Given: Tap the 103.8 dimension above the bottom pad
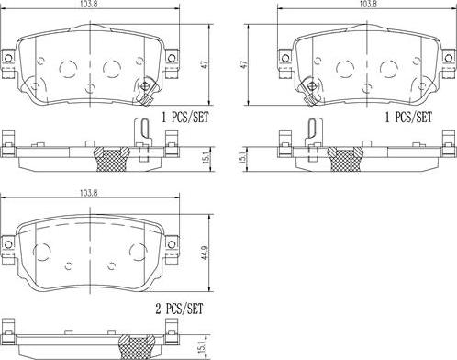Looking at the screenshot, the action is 86,193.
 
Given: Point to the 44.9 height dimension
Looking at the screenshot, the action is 206,252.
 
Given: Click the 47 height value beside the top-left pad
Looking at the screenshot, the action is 205,65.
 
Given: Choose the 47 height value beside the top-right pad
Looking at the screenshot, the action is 243,65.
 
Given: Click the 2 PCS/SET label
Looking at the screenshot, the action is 179,309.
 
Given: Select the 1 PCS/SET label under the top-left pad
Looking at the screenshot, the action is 185,117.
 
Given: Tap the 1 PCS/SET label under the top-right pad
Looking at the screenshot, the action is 408,117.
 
